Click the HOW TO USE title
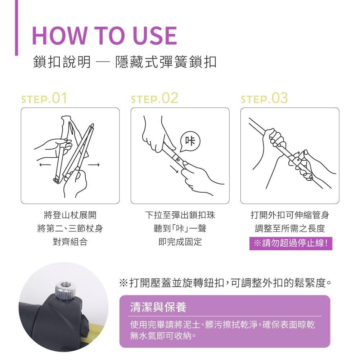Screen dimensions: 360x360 click(x=104, y=35)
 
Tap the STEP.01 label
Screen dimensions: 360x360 click(x=44, y=98)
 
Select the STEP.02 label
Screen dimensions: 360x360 click(x=154, y=98)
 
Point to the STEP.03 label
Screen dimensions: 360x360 click(x=264, y=98)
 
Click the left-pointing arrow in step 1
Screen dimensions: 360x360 click(x=45, y=165)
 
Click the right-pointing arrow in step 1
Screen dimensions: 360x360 click(x=94, y=165)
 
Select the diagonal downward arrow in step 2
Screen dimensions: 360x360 click(x=174, y=169)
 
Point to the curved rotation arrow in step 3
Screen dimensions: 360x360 click(x=297, y=153)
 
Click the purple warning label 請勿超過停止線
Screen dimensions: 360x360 click(x=291, y=243)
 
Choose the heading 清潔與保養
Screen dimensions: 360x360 click(x=158, y=307)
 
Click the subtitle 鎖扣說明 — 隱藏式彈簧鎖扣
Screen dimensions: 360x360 click(x=125, y=62)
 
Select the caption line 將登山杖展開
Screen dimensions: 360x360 click(x=70, y=215)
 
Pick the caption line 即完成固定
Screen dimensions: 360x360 click(x=180, y=242)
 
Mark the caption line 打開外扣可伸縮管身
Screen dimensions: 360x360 click(x=290, y=215)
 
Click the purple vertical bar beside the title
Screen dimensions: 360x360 click(x=16, y=28)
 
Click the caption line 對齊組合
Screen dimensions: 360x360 click(x=70, y=242)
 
